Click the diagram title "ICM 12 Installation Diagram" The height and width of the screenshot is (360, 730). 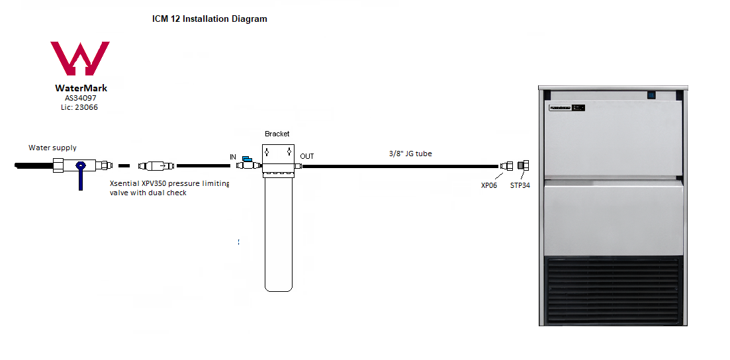pyautogui.click(x=210, y=19)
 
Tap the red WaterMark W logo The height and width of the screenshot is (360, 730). pyautogui.click(x=80, y=58)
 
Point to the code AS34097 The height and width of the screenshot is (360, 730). pyautogui.click(x=81, y=98)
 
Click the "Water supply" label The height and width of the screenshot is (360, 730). pyautogui.click(x=52, y=148)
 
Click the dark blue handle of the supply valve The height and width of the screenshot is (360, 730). pyautogui.click(x=81, y=175)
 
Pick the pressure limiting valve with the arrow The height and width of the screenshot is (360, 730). pyautogui.click(x=156, y=165)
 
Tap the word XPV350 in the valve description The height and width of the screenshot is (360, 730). pyautogui.click(x=154, y=183)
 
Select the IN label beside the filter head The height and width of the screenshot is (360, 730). pyautogui.click(x=233, y=157)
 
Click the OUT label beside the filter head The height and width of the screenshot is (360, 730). pyautogui.click(x=307, y=156)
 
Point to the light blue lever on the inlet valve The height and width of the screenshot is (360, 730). pyautogui.click(x=248, y=159)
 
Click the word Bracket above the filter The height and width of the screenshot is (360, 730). pyautogui.click(x=277, y=134)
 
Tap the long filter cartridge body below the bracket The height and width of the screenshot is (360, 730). pyautogui.click(x=279, y=233)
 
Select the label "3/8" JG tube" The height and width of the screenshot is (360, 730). pyautogui.click(x=410, y=154)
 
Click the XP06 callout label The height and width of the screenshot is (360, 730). pyautogui.click(x=489, y=185)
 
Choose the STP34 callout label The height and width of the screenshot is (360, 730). pyautogui.click(x=520, y=185)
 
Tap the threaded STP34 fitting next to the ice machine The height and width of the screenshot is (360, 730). pyautogui.click(x=524, y=165)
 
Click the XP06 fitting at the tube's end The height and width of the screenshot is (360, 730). pyautogui.click(x=506, y=166)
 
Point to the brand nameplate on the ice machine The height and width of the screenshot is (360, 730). pyautogui.click(x=567, y=108)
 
